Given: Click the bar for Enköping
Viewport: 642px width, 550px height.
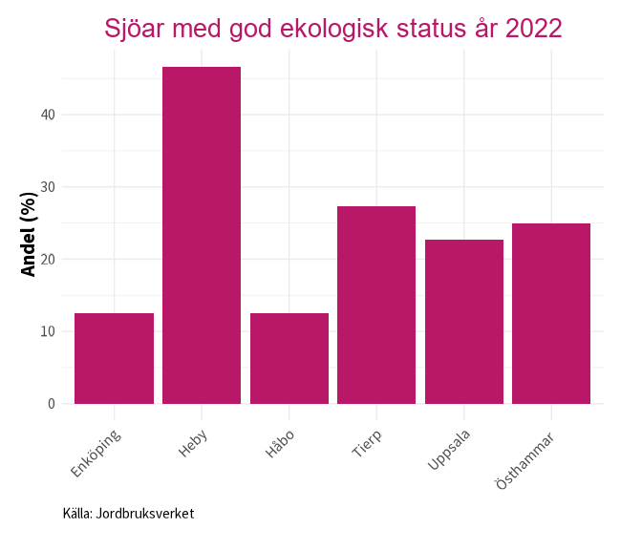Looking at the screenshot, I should coord(114,358).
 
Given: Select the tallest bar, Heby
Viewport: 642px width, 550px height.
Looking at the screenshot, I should coord(202,235).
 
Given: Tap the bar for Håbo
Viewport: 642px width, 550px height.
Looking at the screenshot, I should coord(289,358).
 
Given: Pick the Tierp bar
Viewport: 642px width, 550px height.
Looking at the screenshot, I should coord(376,305).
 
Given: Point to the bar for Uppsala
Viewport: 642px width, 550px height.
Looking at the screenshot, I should coord(464,322).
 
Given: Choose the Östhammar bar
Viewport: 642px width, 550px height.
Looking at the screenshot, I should coord(551,313).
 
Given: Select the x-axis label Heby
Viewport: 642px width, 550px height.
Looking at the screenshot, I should coord(193,443).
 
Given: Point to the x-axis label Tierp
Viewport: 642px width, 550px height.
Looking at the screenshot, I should coord(367,444).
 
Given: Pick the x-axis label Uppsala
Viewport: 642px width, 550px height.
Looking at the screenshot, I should coord(449,450).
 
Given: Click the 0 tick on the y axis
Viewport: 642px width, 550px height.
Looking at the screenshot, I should coord(52,404).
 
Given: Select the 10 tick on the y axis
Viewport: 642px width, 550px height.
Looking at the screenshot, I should coord(48,331).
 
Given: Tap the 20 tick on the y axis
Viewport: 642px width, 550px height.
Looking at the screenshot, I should coord(48,259).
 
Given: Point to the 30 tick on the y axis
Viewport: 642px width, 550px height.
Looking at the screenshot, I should coord(48,187).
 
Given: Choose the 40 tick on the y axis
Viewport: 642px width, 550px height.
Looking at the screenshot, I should coord(48,115).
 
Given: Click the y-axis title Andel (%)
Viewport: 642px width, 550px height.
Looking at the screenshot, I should coord(29,234).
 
